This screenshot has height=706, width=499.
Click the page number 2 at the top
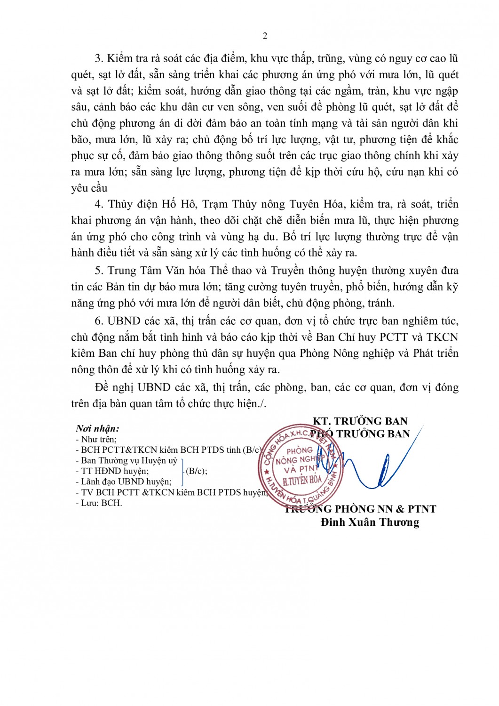(265, 36)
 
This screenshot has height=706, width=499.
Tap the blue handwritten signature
(372, 466)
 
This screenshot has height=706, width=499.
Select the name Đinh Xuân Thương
(370, 522)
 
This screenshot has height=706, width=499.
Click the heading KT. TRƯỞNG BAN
(360, 421)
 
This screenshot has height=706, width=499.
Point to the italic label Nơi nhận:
(97, 428)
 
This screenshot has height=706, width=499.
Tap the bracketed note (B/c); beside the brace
(196, 471)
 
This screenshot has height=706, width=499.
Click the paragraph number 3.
(98, 58)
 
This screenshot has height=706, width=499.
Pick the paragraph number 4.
(98, 204)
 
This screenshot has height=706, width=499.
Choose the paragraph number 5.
(98, 271)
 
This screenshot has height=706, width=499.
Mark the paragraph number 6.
(98, 321)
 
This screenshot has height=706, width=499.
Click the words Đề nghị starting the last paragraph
(114, 387)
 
